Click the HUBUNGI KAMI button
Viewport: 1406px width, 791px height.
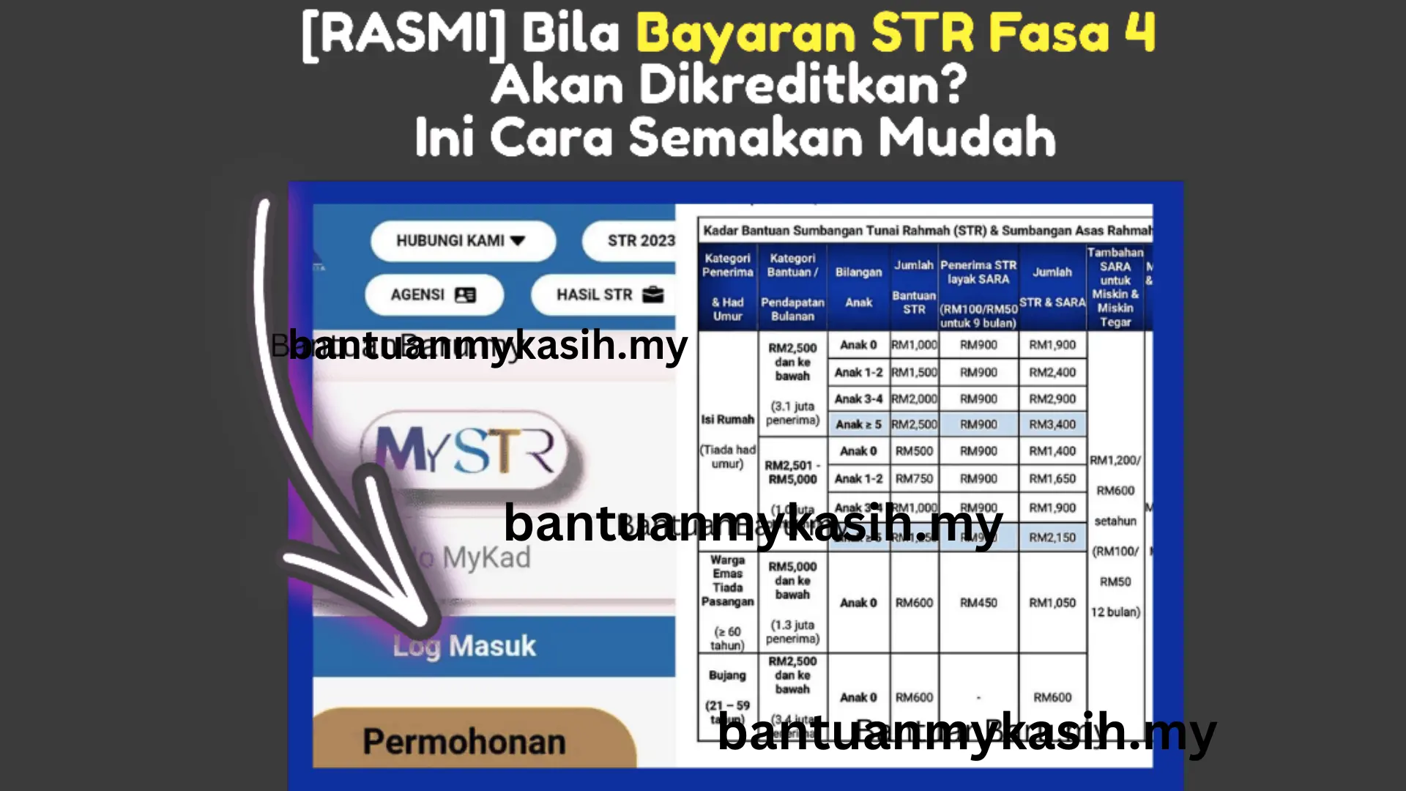(462, 241)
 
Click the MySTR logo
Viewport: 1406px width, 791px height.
(466, 450)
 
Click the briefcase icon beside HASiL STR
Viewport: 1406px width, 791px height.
(652, 294)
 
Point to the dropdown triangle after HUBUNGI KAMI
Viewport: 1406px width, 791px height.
(518, 241)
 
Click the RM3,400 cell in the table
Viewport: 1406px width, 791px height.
(1052, 425)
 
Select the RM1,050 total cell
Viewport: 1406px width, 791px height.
(1052, 603)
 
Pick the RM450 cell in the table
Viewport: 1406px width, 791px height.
(978, 603)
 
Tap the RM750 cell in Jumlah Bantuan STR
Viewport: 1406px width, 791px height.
(914, 479)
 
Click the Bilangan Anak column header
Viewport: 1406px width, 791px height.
(858, 287)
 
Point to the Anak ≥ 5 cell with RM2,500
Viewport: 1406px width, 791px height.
(858, 425)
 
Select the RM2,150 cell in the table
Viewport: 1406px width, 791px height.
(1052, 538)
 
